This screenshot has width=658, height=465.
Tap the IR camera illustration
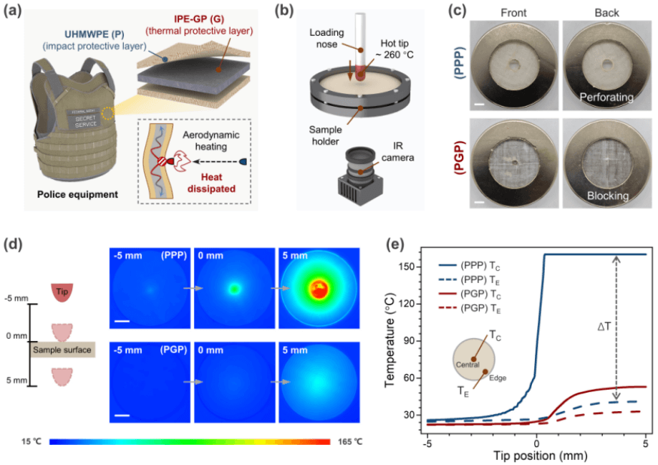point(365,172)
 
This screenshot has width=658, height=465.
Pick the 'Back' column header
point(606,13)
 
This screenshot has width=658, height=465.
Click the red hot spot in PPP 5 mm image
point(317,289)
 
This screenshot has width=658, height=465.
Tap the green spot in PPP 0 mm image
point(233,289)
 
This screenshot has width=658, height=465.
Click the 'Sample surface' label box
point(63,349)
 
